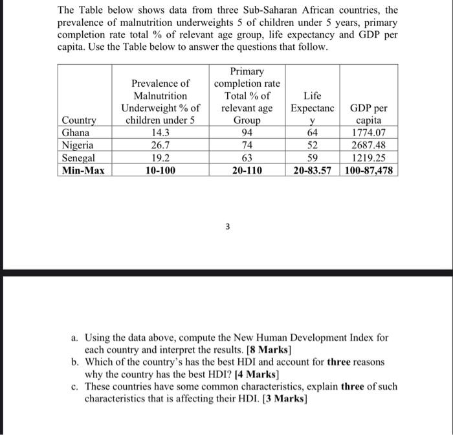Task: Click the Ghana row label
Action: (x=76, y=133)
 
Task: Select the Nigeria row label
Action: (x=78, y=145)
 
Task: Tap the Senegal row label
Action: (x=78, y=158)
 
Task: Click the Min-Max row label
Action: (x=83, y=170)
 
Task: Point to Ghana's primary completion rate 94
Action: (x=247, y=133)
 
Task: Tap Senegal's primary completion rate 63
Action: (x=247, y=158)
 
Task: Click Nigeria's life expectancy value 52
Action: (x=313, y=145)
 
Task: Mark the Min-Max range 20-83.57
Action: (x=312, y=170)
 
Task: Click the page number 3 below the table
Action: (x=227, y=226)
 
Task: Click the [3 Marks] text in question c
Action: (x=283, y=399)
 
